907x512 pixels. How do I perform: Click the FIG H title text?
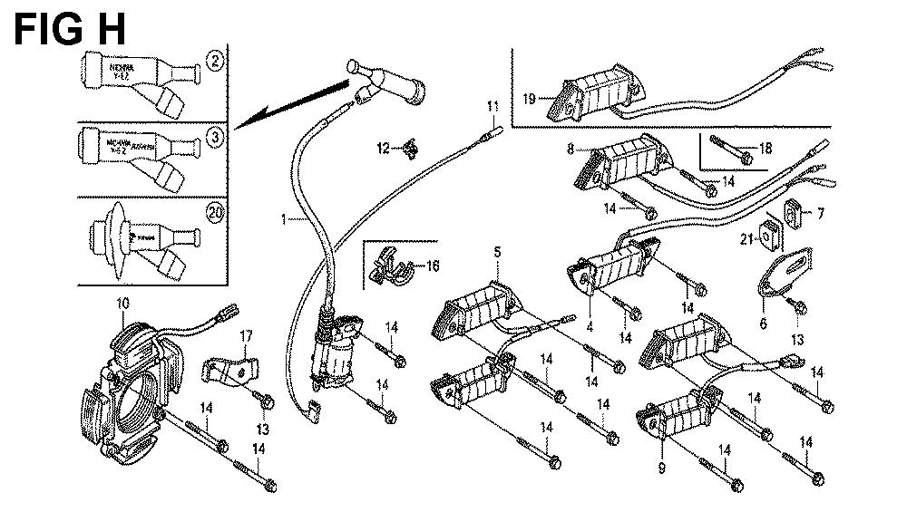(69, 30)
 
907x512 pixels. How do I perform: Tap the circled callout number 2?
(215, 62)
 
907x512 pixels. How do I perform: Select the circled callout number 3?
(215, 138)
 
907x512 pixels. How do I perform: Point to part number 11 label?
(493, 107)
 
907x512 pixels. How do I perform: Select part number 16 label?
(432, 266)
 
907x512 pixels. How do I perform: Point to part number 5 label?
(497, 250)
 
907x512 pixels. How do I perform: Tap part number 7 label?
(820, 215)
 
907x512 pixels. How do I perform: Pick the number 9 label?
(661, 468)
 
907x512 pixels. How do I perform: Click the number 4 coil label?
(589, 325)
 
